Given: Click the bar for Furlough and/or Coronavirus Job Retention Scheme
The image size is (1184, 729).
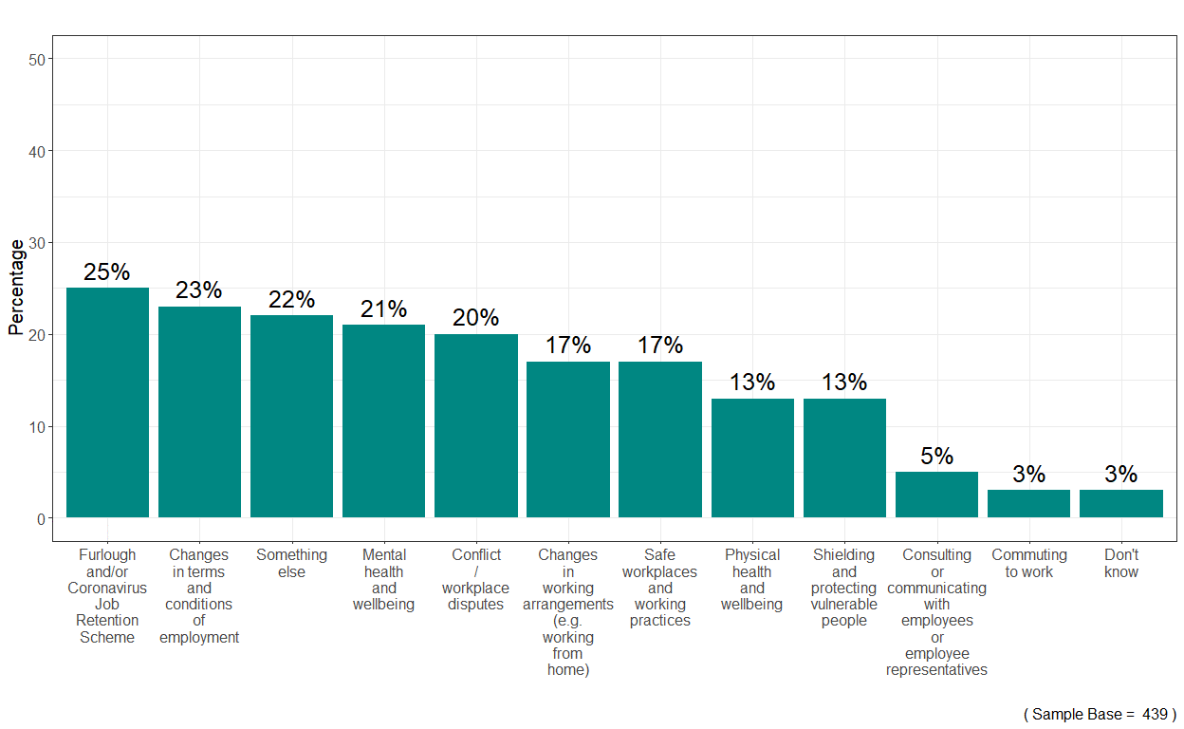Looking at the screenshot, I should click(107, 402).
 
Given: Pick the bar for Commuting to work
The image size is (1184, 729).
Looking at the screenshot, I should click(1028, 504).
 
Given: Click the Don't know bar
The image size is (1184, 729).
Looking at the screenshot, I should click(1120, 504).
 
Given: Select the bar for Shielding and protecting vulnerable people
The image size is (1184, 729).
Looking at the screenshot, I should click(844, 458).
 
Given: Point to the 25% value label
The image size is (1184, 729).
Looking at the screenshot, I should click(107, 272).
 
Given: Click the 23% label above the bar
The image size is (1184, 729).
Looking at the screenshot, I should click(199, 290).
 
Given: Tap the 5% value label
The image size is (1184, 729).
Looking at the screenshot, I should click(936, 457).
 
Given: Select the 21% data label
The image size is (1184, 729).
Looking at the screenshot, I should click(383, 309).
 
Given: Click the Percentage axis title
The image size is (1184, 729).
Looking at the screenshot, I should click(16, 288).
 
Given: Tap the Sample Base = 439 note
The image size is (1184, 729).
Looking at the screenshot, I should click(1100, 714).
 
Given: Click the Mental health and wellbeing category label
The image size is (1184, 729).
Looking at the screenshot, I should click(383, 579).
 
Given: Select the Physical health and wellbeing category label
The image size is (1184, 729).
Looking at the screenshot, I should click(751, 579).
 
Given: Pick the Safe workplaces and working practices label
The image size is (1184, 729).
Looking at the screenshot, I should click(659, 588).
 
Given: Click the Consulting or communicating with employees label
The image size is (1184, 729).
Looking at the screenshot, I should click(936, 612).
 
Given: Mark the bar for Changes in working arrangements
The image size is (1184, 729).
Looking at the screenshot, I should click(568, 439).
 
